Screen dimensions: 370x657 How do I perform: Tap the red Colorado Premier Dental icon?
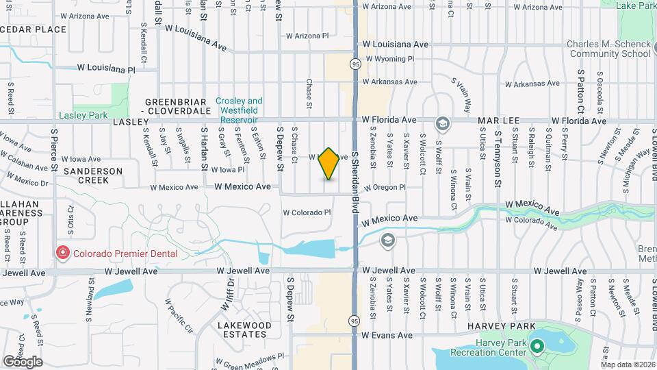(x=63, y=254)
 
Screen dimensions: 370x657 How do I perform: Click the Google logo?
(x=23, y=362)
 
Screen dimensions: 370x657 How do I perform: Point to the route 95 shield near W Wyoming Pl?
(x=355, y=64)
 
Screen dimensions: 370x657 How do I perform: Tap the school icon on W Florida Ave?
(x=442, y=124)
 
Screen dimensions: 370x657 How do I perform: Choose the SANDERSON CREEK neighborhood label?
(x=93, y=175)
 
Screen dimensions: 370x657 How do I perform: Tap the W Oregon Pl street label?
(x=385, y=187)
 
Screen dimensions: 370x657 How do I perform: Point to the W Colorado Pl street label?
(x=307, y=213)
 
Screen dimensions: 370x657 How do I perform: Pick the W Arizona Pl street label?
(x=307, y=36)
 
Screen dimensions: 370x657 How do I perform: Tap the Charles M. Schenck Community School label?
(x=608, y=49)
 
